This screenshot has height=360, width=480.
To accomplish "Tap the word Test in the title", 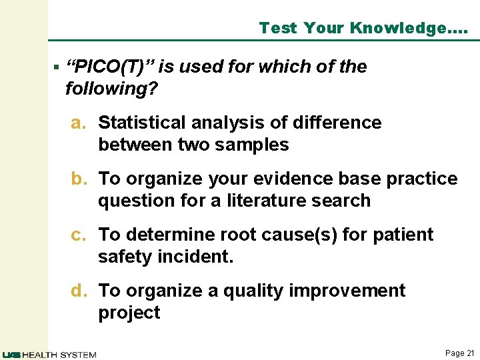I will click(x=278, y=28).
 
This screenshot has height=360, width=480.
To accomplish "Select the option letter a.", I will click(x=78, y=123).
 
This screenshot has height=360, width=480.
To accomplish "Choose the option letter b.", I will click(x=79, y=179).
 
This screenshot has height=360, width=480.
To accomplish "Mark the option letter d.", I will click(x=79, y=291).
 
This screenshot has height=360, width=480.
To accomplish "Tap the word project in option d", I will click(x=129, y=313).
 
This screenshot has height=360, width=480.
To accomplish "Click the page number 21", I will click(x=469, y=353).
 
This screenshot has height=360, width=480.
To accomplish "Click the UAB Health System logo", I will click(x=49, y=354).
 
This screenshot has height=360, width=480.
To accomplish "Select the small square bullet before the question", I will click(x=57, y=67).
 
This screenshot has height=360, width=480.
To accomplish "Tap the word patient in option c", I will click(x=405, y=235).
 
